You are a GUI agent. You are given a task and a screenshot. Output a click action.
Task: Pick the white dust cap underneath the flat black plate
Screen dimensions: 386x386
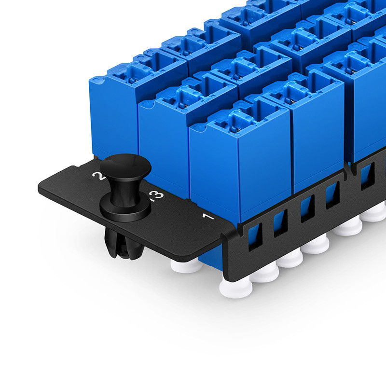pyautogui.click(x=186, y=265)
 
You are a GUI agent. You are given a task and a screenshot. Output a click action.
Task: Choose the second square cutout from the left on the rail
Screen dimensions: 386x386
pyautogui.click(x=280, y=222)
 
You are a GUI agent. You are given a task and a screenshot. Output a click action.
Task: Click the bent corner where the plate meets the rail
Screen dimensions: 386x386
pyautogui.click(x=226, y=236)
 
